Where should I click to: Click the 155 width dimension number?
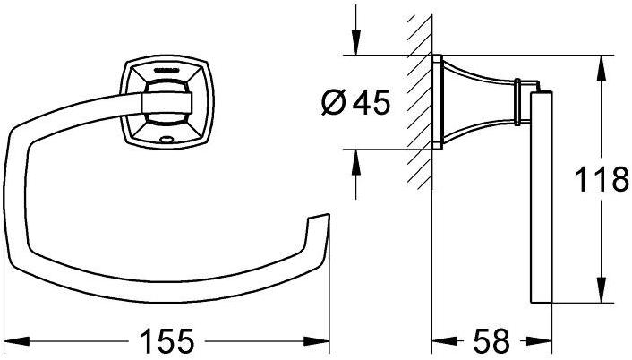tap(167, 341)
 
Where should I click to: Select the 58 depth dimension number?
tap(491, 341)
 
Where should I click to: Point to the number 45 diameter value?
tap(372, 101)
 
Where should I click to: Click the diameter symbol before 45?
tap(334, 102)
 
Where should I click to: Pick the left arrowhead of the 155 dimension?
tap(16, 341)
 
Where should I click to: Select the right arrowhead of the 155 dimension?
tap(317, 341)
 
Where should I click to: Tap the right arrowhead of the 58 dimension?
tap(539, 341)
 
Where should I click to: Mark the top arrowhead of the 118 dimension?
tap(601, 68)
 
